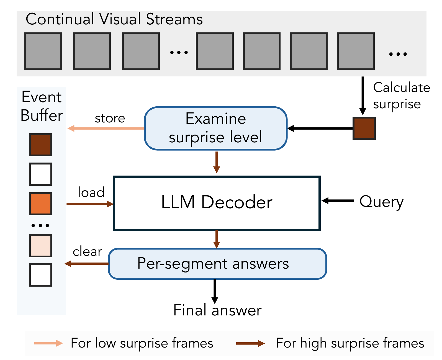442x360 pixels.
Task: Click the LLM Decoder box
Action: tap(217, 203)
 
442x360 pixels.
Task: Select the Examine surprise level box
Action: tap(215, 128)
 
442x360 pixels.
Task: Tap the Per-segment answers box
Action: tap(217, 264)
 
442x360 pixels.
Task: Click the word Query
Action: tap(381, 202)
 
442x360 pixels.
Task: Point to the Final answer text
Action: tap(217, 310)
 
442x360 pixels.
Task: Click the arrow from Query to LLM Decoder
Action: tap(338, 201)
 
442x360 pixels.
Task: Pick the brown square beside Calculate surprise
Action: tap(364, 128)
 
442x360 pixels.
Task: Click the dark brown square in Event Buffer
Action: tap(41, 145)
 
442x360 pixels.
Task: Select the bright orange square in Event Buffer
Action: tap(41, 204)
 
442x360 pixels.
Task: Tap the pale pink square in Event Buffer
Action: tap(41, 246)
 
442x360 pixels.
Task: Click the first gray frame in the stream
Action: tap(43, 51)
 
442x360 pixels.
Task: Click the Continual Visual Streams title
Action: tap(114, 19)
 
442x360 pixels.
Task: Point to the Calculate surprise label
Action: tap(401, 96)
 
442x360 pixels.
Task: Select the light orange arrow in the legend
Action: tap(48, 343)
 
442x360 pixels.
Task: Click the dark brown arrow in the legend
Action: tap(250, 344)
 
